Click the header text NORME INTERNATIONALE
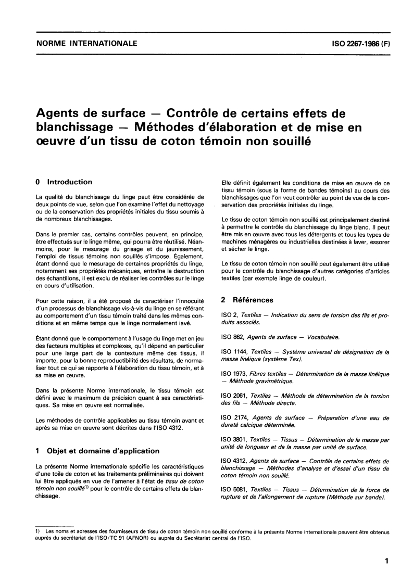coord(86,44)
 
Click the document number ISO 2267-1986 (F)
coord(358,44)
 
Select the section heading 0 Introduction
coord(63,182)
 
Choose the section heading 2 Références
coord(247,300)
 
